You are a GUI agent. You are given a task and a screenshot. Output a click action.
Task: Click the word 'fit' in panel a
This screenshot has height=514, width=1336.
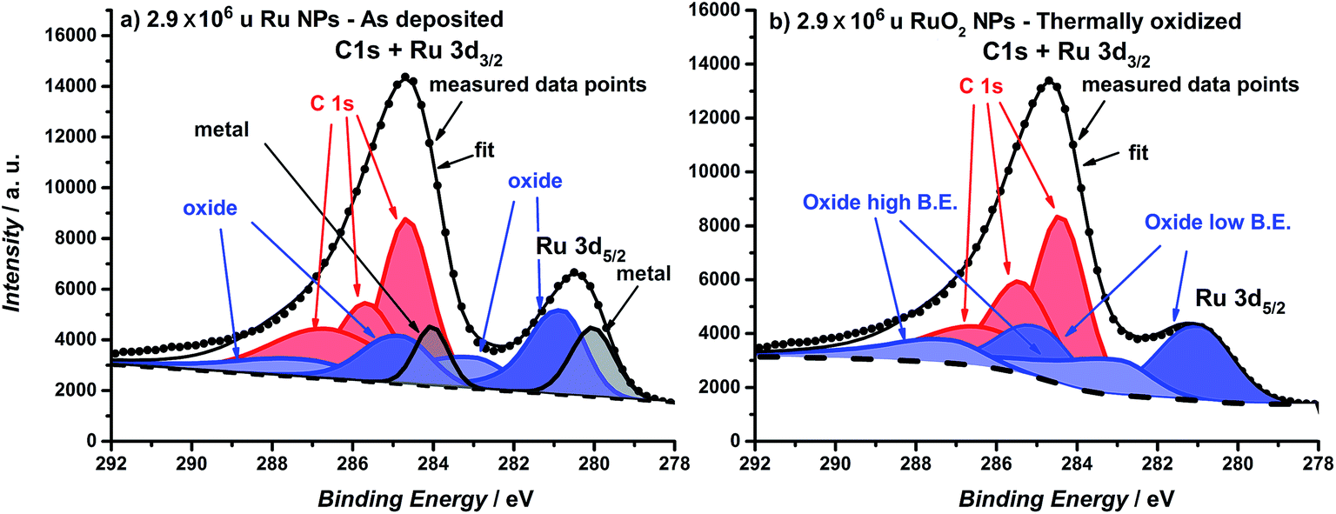point(484,150)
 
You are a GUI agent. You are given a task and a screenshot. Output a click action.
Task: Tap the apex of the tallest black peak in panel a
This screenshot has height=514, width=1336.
point(404,77)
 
